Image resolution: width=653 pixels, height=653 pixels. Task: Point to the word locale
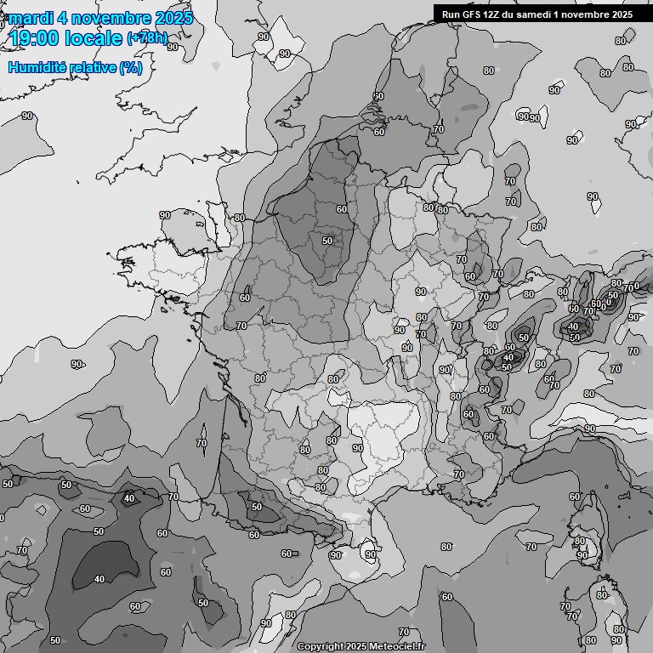(x=94, y=37)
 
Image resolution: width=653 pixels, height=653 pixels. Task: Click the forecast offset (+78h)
(x=147, y=38)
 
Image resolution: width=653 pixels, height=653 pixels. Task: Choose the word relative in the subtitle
(x=91, y=67)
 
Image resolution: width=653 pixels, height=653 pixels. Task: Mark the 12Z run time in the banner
(x=492, y=14)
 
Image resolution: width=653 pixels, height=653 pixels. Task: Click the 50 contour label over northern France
(x=326, y=241)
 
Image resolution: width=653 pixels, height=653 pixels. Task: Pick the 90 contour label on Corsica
(x=582, y=555)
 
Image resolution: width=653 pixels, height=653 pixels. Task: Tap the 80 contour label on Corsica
(x=579, y=541)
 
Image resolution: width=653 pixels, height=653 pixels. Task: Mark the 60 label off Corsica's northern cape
(x=575, y=497)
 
